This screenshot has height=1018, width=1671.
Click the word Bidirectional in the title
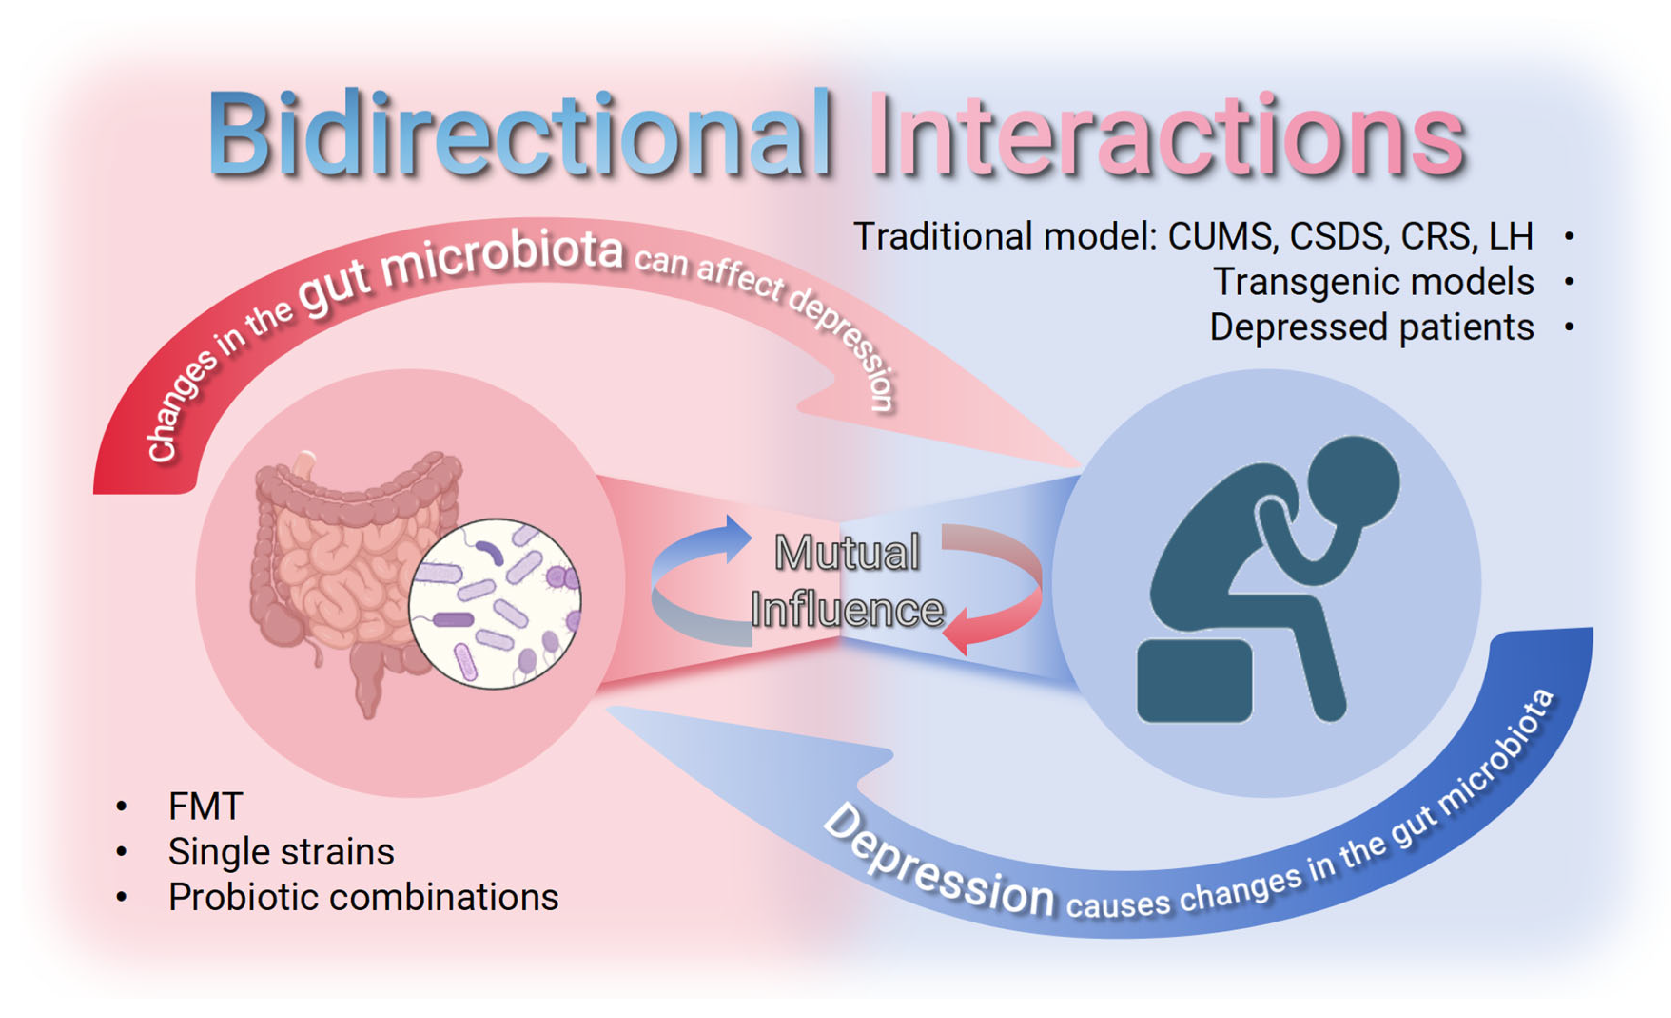pos(519,134)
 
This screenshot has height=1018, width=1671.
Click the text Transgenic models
pos(1373,282)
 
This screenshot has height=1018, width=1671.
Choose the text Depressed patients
pos(1371,327)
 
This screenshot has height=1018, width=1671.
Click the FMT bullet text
pos(205,807)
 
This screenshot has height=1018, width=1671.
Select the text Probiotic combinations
pos(363,897)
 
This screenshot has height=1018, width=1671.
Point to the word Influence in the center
pos(847,610)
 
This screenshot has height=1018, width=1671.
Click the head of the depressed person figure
pos(1353,481)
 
